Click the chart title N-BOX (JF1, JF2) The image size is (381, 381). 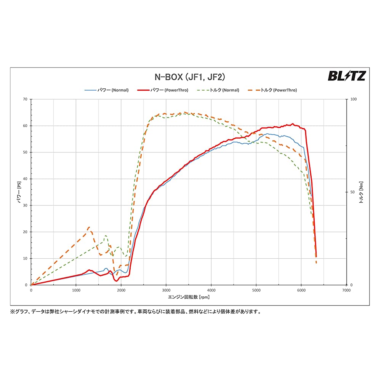tap(190, 77)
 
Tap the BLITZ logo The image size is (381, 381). tap(346, 76)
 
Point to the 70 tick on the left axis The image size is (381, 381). tap(25, 99)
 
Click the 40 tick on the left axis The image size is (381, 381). tap(25, 179)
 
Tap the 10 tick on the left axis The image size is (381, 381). tap(25, 259)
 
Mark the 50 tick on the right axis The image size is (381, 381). tap(352, 192)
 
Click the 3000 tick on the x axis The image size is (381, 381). tap(166, 290)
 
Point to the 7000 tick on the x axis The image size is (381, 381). tap(346, 290)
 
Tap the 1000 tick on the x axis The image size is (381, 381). tap(76, 290)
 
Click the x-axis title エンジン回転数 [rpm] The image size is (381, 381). tap(189, 297)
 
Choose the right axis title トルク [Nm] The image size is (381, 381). tap(361, 192)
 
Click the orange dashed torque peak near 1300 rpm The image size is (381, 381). tap(89, 227)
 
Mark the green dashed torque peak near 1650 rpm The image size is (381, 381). tap(106, 236)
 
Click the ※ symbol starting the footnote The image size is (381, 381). tap(13, 311)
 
